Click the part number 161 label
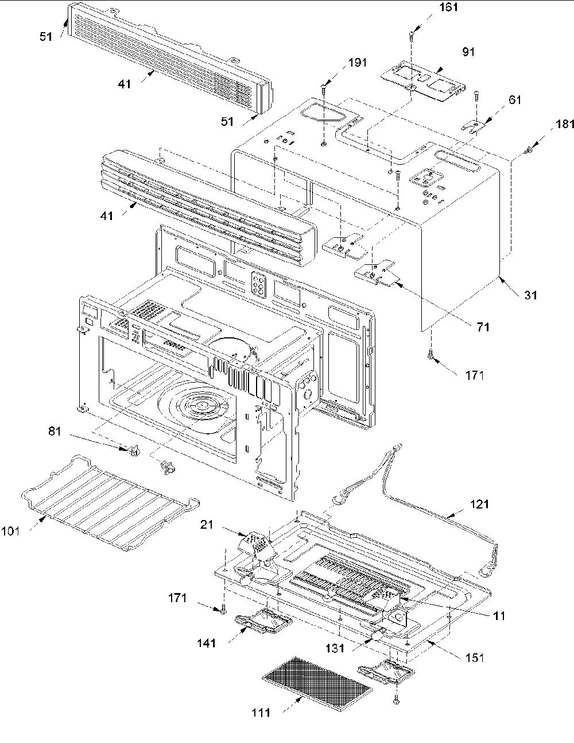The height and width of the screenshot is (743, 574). point(448,7)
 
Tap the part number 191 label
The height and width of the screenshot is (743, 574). point(358,63)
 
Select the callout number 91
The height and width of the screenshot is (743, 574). point(468,52)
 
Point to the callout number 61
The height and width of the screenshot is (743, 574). point(515,100)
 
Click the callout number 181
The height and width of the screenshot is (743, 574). point(564,124)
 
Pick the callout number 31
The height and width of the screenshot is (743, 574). point(530,295)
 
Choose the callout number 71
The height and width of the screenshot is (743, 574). point(483,327)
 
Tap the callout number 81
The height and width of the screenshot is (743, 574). point(55,431)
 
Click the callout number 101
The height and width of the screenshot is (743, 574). point(10,532)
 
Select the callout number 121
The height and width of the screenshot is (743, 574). point(479,504)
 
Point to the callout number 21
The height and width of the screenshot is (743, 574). point(207,524)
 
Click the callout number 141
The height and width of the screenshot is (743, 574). point(206,643)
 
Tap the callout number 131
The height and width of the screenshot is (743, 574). point(335,648)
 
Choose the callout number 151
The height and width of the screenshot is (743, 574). point(475,657)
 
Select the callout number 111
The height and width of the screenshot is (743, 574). point(261,713)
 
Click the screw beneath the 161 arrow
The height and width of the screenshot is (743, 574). point(411,35)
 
